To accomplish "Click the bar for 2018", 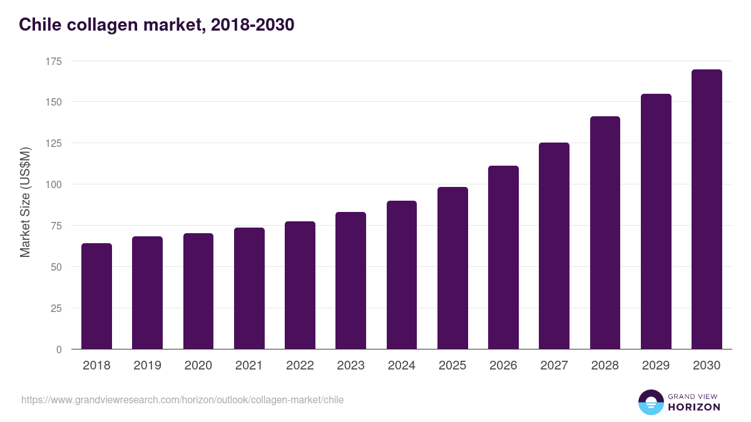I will pos(96,296).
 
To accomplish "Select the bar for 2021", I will pos(249,288).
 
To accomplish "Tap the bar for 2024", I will pos(402,275).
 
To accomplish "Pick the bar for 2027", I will pos(554,246).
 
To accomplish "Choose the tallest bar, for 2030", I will pos(707,209).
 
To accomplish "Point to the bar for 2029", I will pos(656,221).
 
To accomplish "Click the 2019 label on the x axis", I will pos(147,366).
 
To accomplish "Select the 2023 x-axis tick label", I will pos(350,366).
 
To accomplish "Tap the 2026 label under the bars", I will pos(503,366).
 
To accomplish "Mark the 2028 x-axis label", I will pos(605,366).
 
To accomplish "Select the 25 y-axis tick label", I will pos(56,308).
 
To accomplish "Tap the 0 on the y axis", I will pos(59,349).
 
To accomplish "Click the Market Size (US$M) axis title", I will pos(25,203).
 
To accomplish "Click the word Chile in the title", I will pos(38,25).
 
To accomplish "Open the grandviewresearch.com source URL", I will pos(182,399).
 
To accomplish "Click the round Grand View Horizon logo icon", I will pos(650,402).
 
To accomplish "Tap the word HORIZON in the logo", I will pos(694,407).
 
